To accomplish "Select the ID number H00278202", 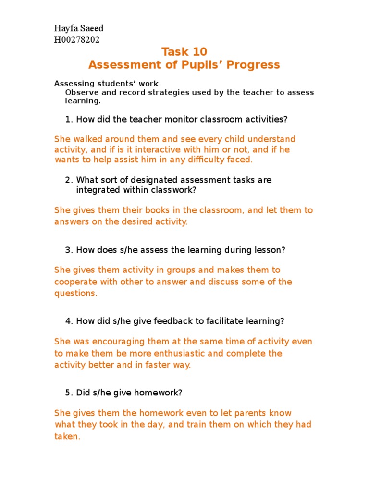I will (x=77, y=40).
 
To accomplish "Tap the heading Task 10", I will (x=184, y=52).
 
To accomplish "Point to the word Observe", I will (x=80, y=93).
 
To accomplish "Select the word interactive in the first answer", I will (x=138, y=149).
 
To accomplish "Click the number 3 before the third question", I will (x=67, y=250).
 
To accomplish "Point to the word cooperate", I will (x=74, y=282).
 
